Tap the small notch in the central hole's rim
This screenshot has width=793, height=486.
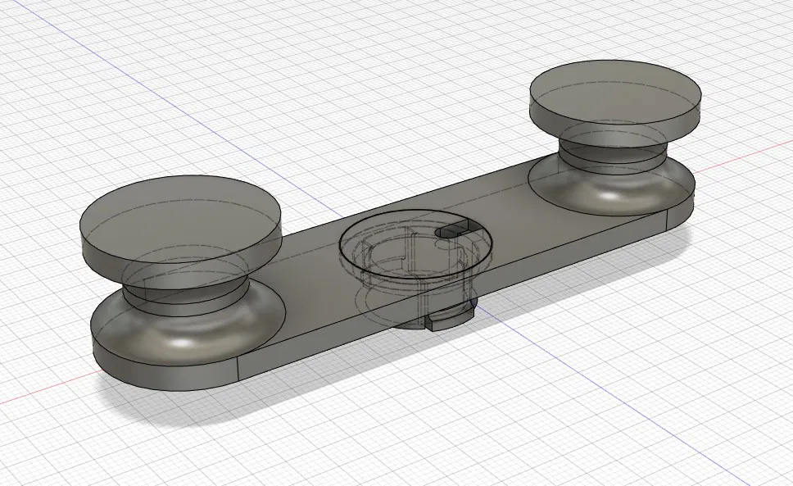tap(452, 234)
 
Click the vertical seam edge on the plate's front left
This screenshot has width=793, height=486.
tap(238, 370)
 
